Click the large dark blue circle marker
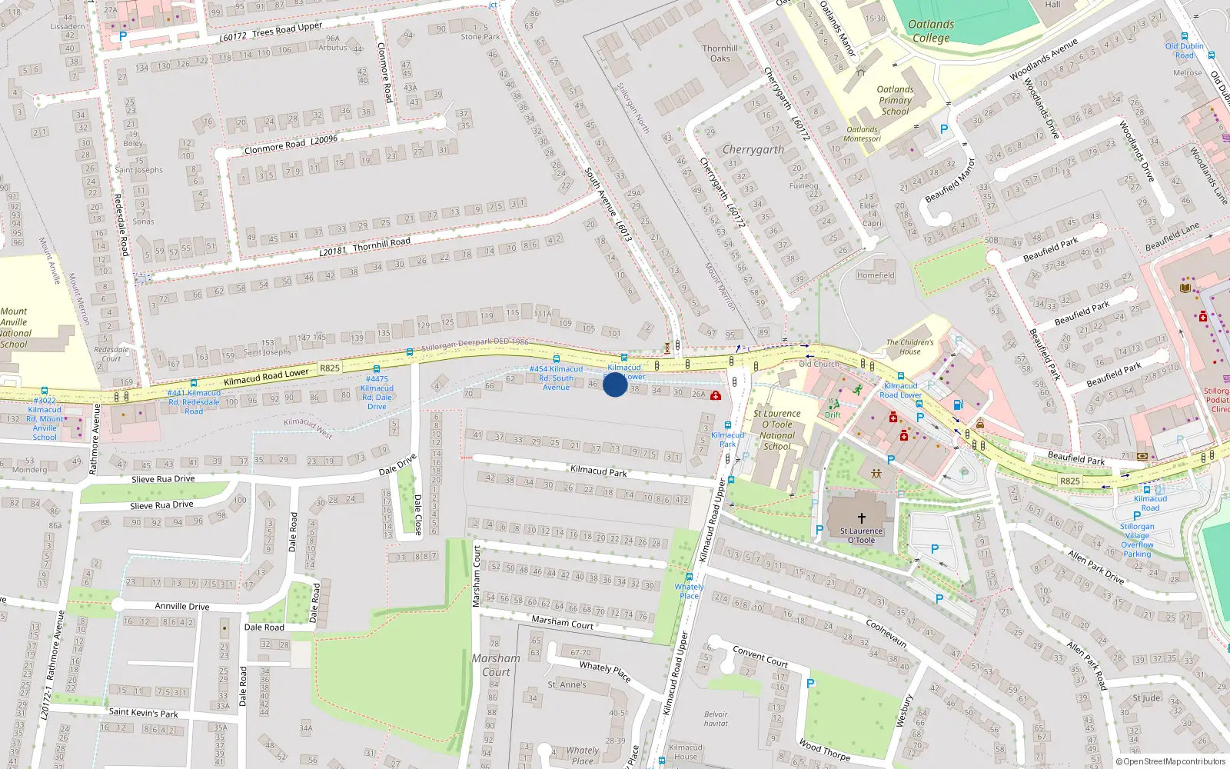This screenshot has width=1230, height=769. tap(614, 384)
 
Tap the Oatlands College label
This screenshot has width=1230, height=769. tap(931, 31)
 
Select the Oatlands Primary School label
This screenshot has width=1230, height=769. tap(895, 100)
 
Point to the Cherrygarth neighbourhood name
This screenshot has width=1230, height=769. tap(753, 149)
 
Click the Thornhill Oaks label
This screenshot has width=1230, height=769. tap(720, 53)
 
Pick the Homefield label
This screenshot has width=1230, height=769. tap(876, 275)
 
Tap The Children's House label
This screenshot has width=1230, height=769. tap(909, 347)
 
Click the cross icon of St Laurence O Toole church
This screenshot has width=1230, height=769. tap(861, 518)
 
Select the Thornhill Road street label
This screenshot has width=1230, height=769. tap(381, 243)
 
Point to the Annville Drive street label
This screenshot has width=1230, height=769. tap(182, 606)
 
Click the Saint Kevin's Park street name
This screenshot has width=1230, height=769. tap(143, 713)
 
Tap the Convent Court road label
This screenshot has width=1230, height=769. tap(760, 656)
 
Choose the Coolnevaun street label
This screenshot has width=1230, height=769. tap(886, 633)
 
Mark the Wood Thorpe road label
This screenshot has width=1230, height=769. tap(824, 749)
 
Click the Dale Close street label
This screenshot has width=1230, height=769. tap(417, 514)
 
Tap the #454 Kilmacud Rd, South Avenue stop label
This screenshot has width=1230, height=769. tap(556, 378)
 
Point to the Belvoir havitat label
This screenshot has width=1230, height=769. tap(715, 718)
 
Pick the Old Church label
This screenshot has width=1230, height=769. tap(818, 364)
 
